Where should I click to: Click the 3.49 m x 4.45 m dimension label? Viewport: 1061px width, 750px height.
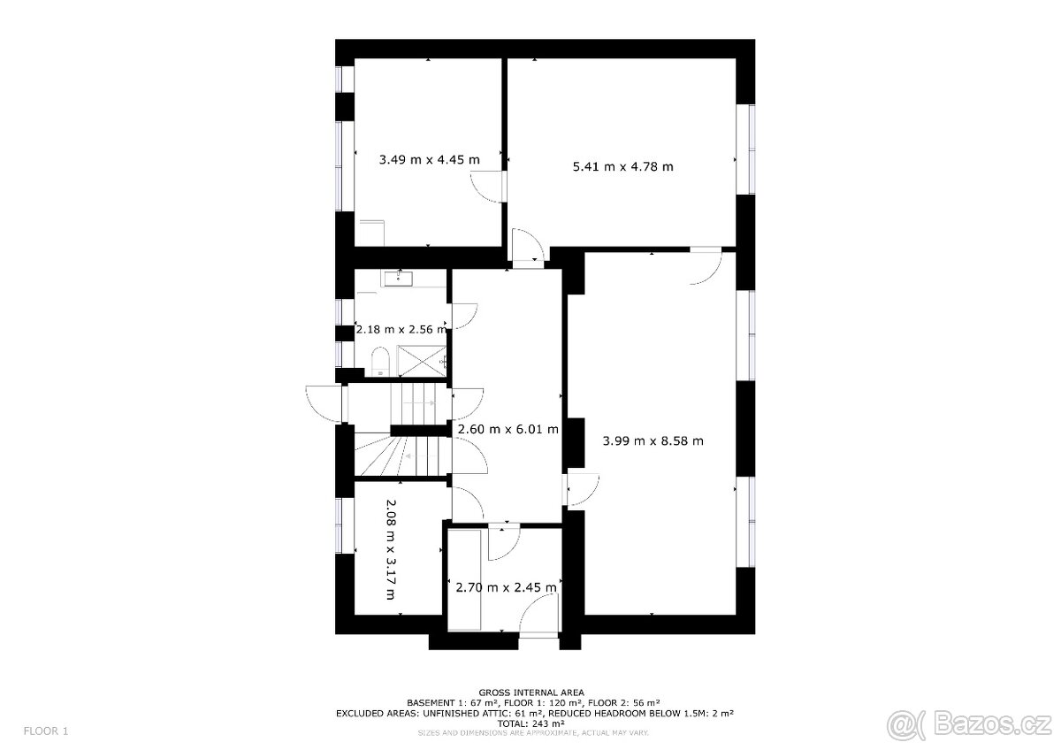[x=429, y=160]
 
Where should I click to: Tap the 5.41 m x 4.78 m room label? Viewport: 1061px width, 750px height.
[x=622, y=167]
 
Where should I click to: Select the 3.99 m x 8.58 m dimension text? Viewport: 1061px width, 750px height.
[x=653, y=441]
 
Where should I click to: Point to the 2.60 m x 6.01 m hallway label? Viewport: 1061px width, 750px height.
[x=508, y=430]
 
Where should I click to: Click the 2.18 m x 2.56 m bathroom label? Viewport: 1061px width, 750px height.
[x=401, y=329]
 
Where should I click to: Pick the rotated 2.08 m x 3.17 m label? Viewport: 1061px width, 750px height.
[x=391, y=549]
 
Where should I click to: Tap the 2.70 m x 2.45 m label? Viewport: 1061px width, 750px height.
[x=506, y=588]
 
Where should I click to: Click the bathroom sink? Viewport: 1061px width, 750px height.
[x=398, y=279]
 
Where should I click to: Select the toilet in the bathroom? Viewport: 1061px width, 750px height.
[x=379, y=362]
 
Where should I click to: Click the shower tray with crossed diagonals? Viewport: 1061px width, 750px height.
[x=422, y=361]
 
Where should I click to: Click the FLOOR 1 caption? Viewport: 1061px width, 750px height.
[x=46, y=731]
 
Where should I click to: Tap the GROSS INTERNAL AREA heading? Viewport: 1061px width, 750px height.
[x=531, y=693]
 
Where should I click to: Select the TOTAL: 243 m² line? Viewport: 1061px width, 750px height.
[x=531, y=723]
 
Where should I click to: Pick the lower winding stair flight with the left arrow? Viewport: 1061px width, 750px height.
[x=401, y=455]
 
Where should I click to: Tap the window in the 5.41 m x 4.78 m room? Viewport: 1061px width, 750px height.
[x=745, y=149]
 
